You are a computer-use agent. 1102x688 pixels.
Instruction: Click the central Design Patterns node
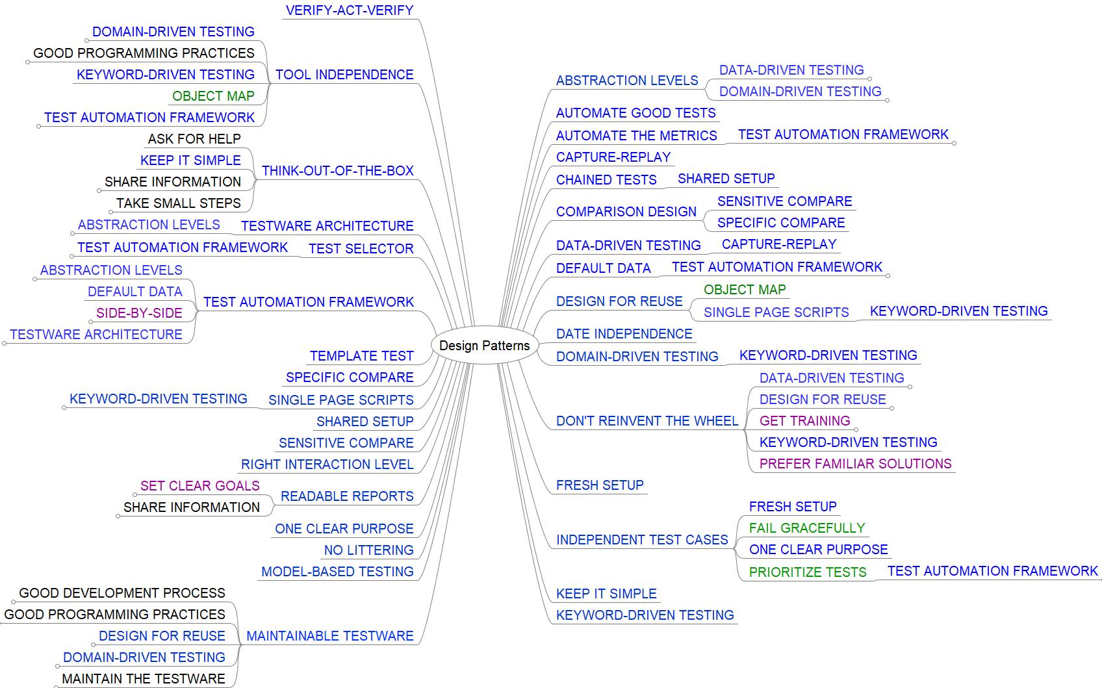tap(484, 346)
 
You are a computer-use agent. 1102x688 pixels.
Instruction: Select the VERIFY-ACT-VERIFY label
tap(350, 10)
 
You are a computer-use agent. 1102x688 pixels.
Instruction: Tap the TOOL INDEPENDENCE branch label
tap(344, 75)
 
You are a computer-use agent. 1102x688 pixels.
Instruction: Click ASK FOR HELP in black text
tap(194, 139)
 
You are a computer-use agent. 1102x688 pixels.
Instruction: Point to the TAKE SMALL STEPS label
tap(179, 203)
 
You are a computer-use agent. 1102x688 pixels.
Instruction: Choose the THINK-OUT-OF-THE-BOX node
tap(337, 171)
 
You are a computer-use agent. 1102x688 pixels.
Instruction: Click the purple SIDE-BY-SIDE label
tap(139, 313)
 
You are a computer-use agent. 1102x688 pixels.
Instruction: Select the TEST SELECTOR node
tap(361, 249)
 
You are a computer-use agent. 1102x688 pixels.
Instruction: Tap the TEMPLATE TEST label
tap(361, 356)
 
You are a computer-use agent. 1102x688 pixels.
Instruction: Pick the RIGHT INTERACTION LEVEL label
tap(327, 465)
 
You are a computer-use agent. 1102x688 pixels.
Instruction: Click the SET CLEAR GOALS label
tap(199, 486)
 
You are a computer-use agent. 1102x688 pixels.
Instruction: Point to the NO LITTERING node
tap(368, 550)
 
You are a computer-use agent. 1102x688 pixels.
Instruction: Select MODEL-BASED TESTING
tap(337, 572)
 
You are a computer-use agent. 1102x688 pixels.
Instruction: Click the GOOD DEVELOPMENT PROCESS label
tap(122, 593)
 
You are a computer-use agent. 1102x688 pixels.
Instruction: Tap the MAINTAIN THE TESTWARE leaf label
tap(143, 679)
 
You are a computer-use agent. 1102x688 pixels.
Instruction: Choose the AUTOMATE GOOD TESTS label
tap(635, 113)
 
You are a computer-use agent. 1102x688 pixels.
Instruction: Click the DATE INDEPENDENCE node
tap(624, 334)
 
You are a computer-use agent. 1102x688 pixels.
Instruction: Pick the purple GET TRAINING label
tap(804, 421)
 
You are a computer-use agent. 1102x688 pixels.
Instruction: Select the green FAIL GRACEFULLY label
tap(806, 528)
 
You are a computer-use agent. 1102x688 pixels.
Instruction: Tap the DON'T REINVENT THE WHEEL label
tap(647, 421)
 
